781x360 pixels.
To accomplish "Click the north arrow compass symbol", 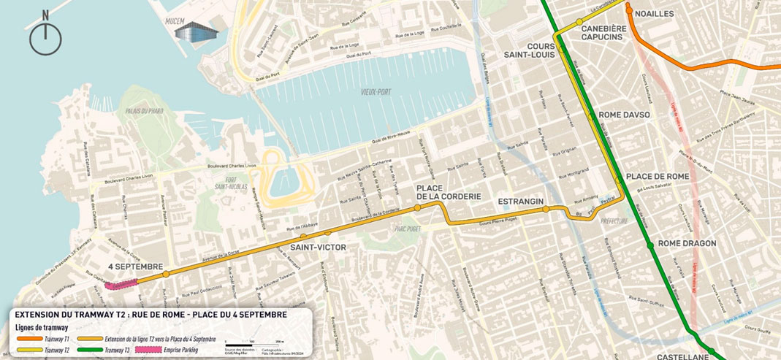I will coord(45,37).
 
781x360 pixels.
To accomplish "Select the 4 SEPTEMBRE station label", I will coord(134,267).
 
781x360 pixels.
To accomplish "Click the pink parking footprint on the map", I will coord(121,284).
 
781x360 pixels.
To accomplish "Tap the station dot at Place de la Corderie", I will coord(417,208).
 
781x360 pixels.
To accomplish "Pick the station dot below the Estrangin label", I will coord(546,210).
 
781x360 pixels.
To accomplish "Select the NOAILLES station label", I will coord(655,14).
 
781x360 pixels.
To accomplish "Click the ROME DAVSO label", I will coord(623,115).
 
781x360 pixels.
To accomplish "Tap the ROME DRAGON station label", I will coord(687,243).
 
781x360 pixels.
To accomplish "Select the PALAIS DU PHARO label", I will coord(143,111).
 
